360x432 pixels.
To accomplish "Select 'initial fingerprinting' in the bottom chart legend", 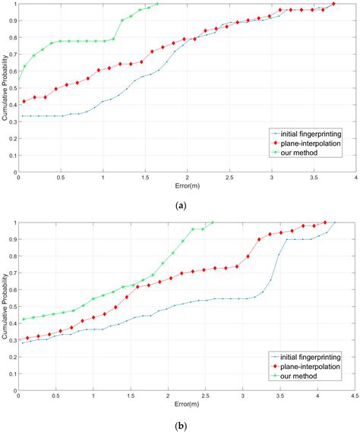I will (314, 355).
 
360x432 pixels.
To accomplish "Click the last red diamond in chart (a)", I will (334, 4).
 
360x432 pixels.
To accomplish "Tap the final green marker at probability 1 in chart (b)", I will (213, 222).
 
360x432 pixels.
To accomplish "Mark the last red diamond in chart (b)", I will (326, 222).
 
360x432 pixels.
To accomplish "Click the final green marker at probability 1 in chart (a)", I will (157, 4).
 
